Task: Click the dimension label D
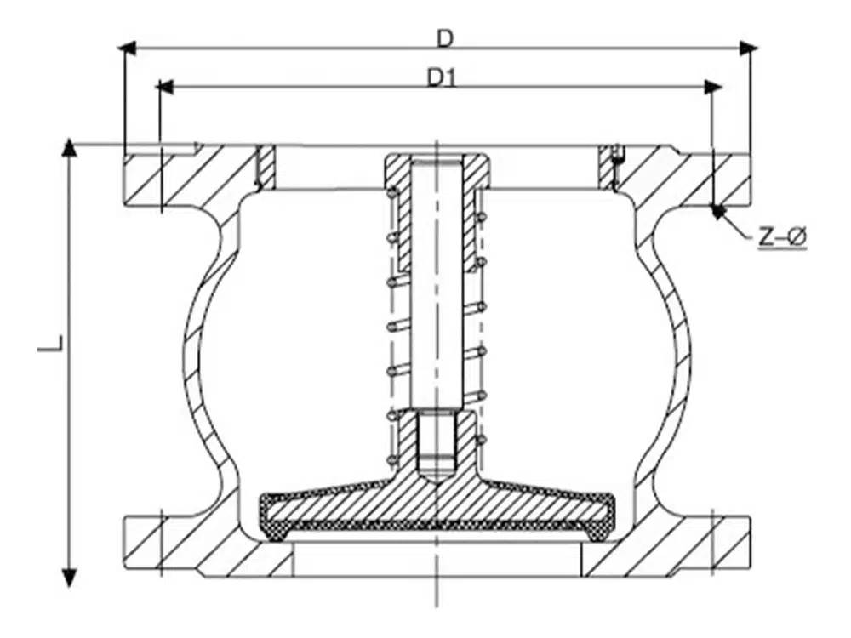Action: [x=444, y=37]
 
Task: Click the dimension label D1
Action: [x=443, y=77]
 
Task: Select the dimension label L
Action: [x=51, y=345]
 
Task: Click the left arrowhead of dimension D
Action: [x=128, y=48]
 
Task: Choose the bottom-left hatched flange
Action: [x=170, y=544]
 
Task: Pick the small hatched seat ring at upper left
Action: [x=266, y=168]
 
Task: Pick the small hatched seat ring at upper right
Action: [x=606, y=168]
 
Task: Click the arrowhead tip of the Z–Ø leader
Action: [x=717, y=210]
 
